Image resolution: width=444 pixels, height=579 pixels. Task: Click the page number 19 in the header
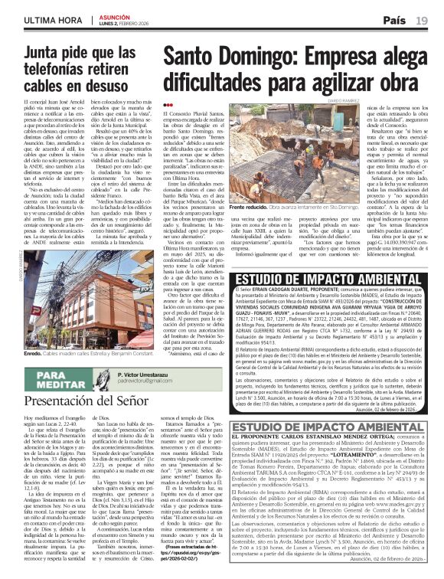(x=422, y=18)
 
